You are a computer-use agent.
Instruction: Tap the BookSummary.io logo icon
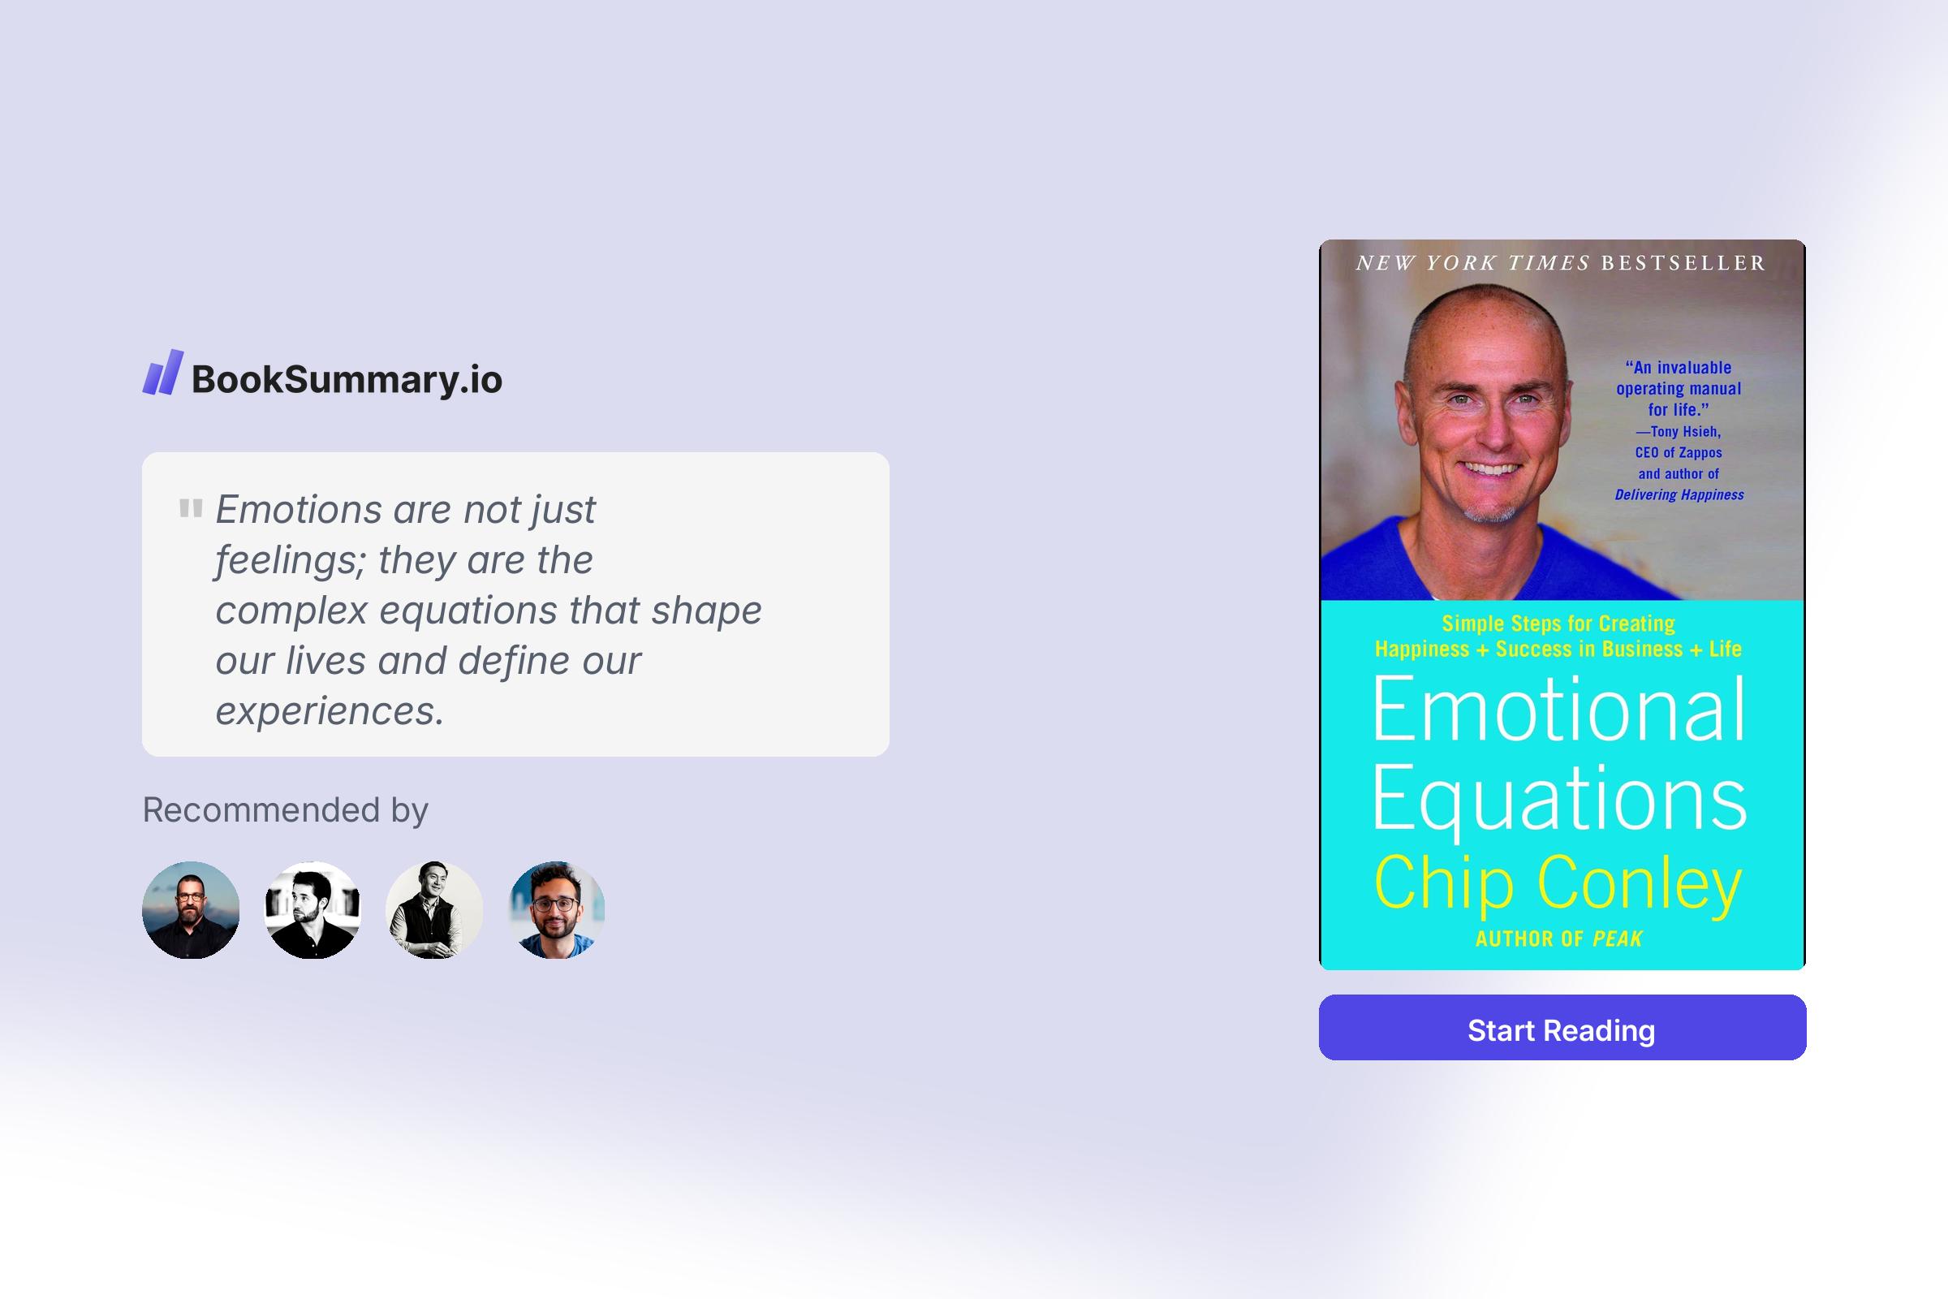click(x=162, y=372)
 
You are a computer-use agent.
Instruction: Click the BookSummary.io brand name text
click(x=347, y=379)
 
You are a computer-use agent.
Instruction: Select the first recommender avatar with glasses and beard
click(x=191, y=909)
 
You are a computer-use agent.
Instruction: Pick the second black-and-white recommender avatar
click(x=312, y=909)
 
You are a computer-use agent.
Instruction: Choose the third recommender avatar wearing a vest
click(x=434, y=909)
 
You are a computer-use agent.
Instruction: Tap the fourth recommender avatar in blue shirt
click(x=557, y=909)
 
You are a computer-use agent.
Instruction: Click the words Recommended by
click(x=285, y=809)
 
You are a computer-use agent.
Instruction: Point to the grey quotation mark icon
click(x=191, y=508)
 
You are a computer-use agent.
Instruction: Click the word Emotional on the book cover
click(x=1558, y=709)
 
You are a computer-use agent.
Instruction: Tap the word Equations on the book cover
click(x=1558, y=798)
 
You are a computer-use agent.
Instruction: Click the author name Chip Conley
click(x=1558, y=883)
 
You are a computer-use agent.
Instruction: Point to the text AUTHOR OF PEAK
click(x=1558, y=939)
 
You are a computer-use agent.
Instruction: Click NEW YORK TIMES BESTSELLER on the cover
click(x=1560, y=263)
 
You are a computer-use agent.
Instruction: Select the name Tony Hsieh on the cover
click(x=1686, y=432)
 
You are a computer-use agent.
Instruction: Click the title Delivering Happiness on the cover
click(x=1679, y=494)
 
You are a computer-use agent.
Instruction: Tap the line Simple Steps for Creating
click(x=1558, y=623)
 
